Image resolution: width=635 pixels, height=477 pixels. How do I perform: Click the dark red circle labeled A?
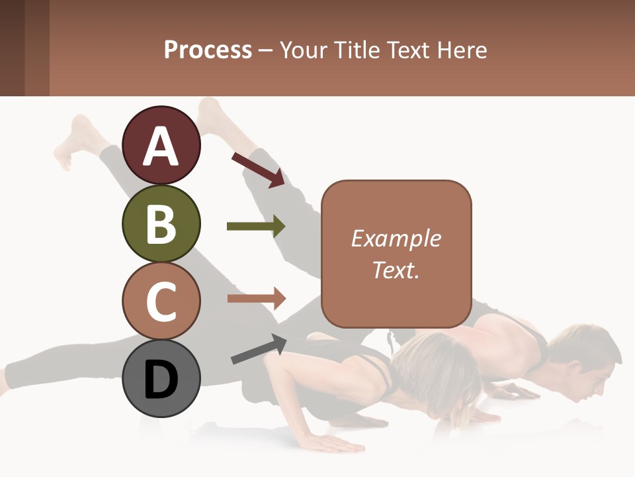[x=161, y=146]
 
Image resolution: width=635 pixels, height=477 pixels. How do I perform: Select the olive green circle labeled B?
[x=161, y=224]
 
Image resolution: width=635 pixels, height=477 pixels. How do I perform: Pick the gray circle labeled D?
[x=161, y=378]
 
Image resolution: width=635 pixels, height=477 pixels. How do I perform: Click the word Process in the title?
[x=208, y=50]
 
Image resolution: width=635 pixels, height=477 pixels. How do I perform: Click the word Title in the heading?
[x=357, y=50]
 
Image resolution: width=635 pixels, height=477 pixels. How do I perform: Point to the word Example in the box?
[x=396, y=238]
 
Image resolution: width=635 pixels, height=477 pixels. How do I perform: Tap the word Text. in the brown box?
[x=396, y=270]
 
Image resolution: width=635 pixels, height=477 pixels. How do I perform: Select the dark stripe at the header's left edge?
[x=12, y=48]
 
